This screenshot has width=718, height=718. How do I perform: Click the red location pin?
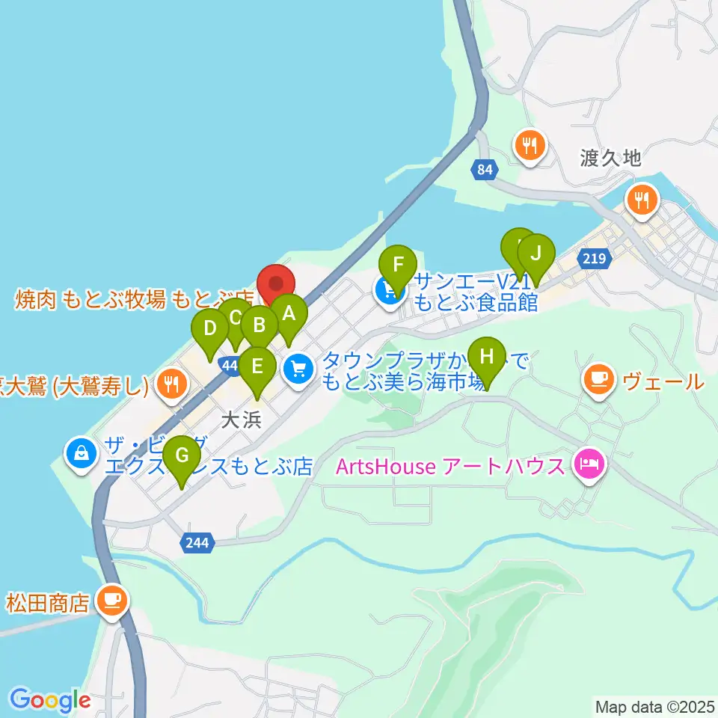tap(276, 283)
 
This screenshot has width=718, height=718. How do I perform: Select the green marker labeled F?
tap(398, 265)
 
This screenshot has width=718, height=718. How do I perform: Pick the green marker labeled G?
tap(182, 455)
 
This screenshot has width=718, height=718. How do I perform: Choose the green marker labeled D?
tap(210, 329)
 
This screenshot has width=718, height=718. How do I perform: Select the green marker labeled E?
tap(257, 366)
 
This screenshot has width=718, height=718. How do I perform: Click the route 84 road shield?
tap(485, 171)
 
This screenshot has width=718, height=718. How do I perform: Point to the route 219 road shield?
tap(595, 259)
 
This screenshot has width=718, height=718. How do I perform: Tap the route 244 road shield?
tap(197, 542)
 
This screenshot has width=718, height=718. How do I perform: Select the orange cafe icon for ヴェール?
tap(601, 381)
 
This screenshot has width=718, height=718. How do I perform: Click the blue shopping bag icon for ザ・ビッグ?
tap(80, 454)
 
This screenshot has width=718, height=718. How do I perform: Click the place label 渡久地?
tap(610, 159)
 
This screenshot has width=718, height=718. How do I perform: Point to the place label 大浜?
tap(241, 420)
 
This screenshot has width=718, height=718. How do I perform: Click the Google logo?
tap(49, 700)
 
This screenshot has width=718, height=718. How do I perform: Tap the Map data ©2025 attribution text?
tap(653, 705)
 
